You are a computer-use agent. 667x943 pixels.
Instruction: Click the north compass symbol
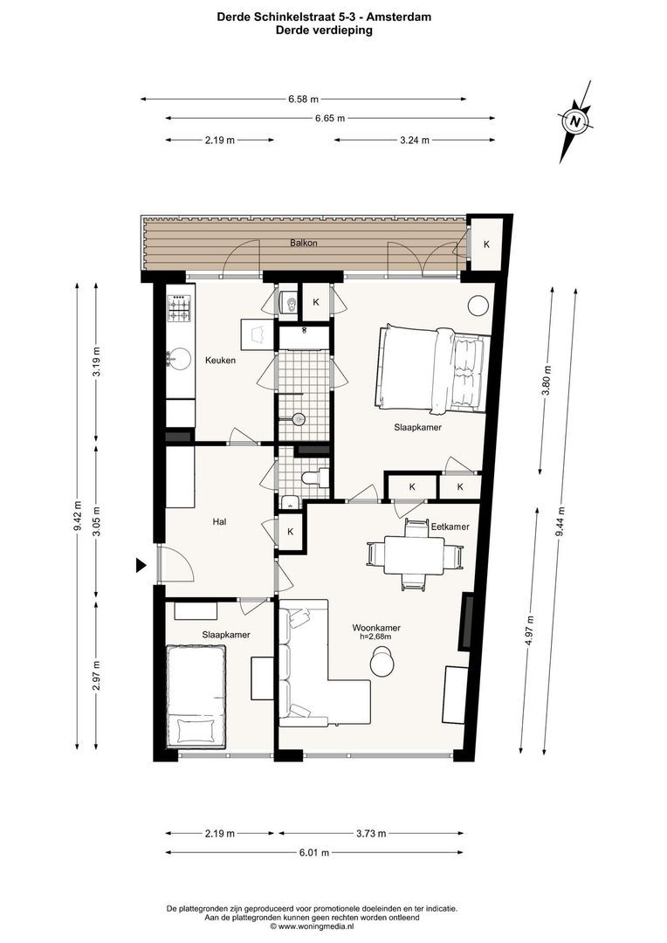coord(575,121)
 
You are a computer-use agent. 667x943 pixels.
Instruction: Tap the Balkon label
coord(305,242)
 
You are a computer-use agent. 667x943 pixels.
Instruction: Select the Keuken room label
coord(220,360)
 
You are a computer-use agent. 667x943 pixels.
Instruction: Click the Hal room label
coord(220,522)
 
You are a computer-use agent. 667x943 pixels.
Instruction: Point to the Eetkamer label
coord(450,527)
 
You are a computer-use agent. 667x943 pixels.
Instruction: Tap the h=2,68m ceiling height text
coord(376,637)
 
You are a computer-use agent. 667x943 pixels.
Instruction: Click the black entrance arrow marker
coord(141,566)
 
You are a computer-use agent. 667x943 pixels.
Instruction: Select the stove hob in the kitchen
coord(180,306)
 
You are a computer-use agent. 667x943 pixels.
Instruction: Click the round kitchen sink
coord(181,357)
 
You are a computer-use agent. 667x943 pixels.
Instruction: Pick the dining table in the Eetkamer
coord(414,554)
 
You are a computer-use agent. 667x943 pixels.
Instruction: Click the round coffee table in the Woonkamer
coord(382,664)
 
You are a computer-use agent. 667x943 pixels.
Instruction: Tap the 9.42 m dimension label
coord(79,515)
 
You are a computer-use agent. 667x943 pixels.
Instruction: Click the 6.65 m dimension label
coord(328,118)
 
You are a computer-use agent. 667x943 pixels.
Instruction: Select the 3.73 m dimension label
coord(371,833)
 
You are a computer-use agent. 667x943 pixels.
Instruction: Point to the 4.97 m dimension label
coord(530,628)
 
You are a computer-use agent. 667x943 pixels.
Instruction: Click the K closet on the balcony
coord(486,244)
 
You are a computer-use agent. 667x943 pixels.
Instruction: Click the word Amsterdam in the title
coord(403,17)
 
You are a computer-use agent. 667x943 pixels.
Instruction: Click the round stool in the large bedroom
coord(478,306)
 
